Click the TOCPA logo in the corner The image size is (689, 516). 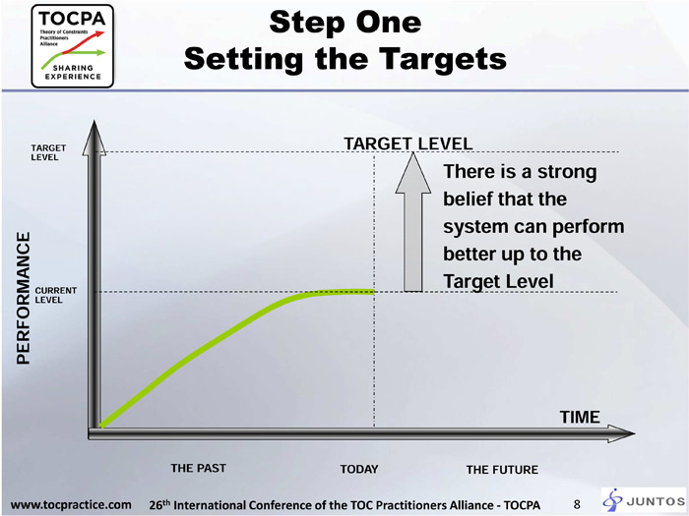point(73,45)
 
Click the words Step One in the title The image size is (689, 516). point(345,22)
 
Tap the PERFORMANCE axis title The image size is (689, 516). point(24,298)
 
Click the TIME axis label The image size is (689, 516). point(580,417)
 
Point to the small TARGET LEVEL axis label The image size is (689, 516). point(48,152)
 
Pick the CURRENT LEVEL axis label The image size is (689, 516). point(55,295)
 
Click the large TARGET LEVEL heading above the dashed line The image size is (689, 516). point(407,143)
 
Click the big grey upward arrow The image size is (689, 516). point(413,221)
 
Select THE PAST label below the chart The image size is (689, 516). point(198,468)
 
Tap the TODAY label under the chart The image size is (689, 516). point(359,469)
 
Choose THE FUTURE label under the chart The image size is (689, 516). point(502,470)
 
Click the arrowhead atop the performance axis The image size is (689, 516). point(94,138)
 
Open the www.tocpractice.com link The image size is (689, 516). point(71,504)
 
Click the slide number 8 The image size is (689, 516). point(577,504)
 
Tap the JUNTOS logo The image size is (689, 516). point(644,500)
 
